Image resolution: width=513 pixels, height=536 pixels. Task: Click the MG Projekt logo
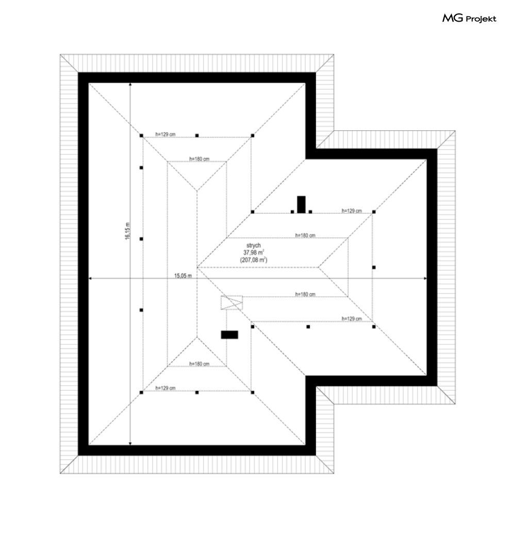click(x=469, y=19)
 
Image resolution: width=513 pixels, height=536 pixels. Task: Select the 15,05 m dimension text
click(x=183, y=276)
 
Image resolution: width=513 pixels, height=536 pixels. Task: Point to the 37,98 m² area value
click(x=254, y=252)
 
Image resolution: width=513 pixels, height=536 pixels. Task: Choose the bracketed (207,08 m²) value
click(x=254, y=260)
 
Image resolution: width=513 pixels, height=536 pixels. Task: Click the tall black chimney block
click(x=301, y=204)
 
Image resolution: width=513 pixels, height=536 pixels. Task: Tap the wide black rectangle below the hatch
click(x=229, y=335)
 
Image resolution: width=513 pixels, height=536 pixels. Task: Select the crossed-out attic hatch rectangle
click(x=231, y=302)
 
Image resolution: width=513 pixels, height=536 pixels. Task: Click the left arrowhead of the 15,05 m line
click(x=91, y=279)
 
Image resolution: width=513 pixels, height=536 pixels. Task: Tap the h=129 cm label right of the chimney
click(x=352, y=211)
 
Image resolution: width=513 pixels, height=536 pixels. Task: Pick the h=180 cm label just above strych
click(x=305, y=235)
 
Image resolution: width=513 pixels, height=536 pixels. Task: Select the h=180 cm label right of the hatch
click(x=305, y=294)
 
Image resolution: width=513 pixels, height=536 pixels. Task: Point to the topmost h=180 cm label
click(x=199, y=159)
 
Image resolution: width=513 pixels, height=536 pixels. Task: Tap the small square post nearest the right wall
click(x=374, y=267)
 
